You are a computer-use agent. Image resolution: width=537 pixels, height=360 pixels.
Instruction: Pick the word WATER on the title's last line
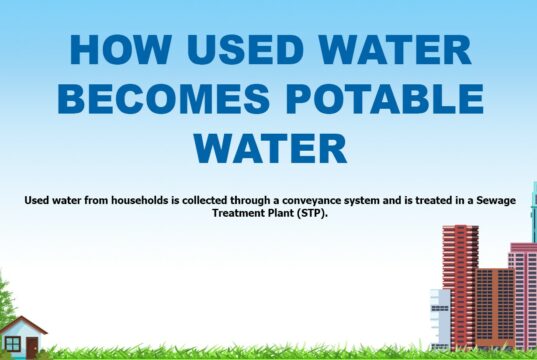pyautogui.click(x=270, y=147)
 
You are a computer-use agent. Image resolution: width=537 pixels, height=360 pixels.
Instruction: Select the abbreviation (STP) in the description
pyautogui.click(x=313, y=214)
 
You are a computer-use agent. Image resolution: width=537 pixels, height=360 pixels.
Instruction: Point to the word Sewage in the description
pyautogui.click(x=490, y=200)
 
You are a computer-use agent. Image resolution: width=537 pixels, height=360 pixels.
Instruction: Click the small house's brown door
pyautogui.click(x=32, y=346)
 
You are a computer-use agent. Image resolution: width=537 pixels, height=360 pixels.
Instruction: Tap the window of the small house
pyautogui.click(x=13, y=344)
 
